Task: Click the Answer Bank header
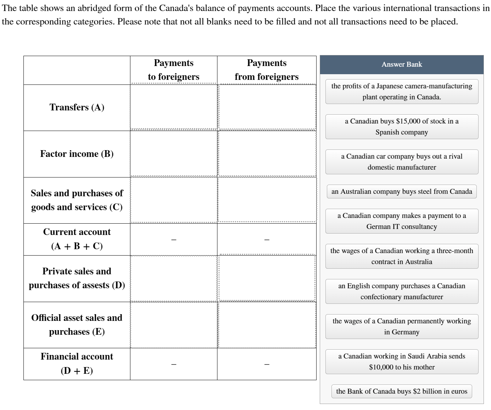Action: point(401,65)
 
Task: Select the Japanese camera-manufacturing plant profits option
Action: point(401,92)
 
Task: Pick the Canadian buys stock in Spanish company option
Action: point(401,127)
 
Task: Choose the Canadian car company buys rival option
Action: point(401,162)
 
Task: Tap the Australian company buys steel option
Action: point(401,192)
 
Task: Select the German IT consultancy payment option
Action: point(401,221)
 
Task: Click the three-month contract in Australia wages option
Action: point(401,256)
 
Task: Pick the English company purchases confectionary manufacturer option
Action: point(401,291)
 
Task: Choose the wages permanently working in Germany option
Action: point(401,327)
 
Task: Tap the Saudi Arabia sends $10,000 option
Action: point(401,362)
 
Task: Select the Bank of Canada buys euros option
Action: point(401,392)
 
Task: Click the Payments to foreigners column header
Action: point(173,70)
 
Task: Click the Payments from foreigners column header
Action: point(266,70)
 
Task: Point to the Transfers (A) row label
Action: point(77,108)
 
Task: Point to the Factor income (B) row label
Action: point(77,154)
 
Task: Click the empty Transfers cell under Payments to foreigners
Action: point(173,108)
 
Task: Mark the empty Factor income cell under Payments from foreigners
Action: point(266,154)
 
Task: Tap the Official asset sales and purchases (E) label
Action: point(77,325)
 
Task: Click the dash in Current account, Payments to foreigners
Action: point(173,240)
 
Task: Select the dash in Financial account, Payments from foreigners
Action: point(266,364)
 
